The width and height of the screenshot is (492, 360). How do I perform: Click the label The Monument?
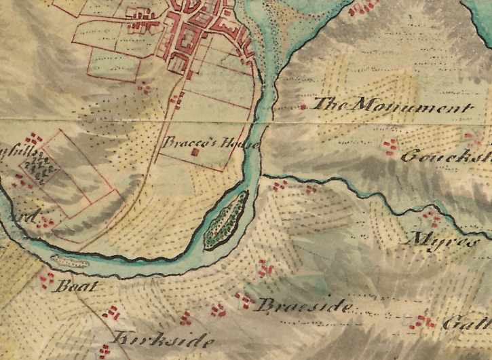tap(393, 107)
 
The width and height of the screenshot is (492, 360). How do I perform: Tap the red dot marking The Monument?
tap(303, 107)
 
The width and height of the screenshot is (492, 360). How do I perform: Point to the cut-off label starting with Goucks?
tap(445, 156)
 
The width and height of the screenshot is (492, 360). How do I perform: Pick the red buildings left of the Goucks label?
tap(390, 147)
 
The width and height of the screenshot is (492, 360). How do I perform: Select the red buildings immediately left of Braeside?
tap(242, 298)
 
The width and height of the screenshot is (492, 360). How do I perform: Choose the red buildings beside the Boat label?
tap(47, 277)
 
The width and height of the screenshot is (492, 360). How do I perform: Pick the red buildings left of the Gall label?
tap(423, 321)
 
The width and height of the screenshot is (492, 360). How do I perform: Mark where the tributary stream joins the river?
tap(262, 175)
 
